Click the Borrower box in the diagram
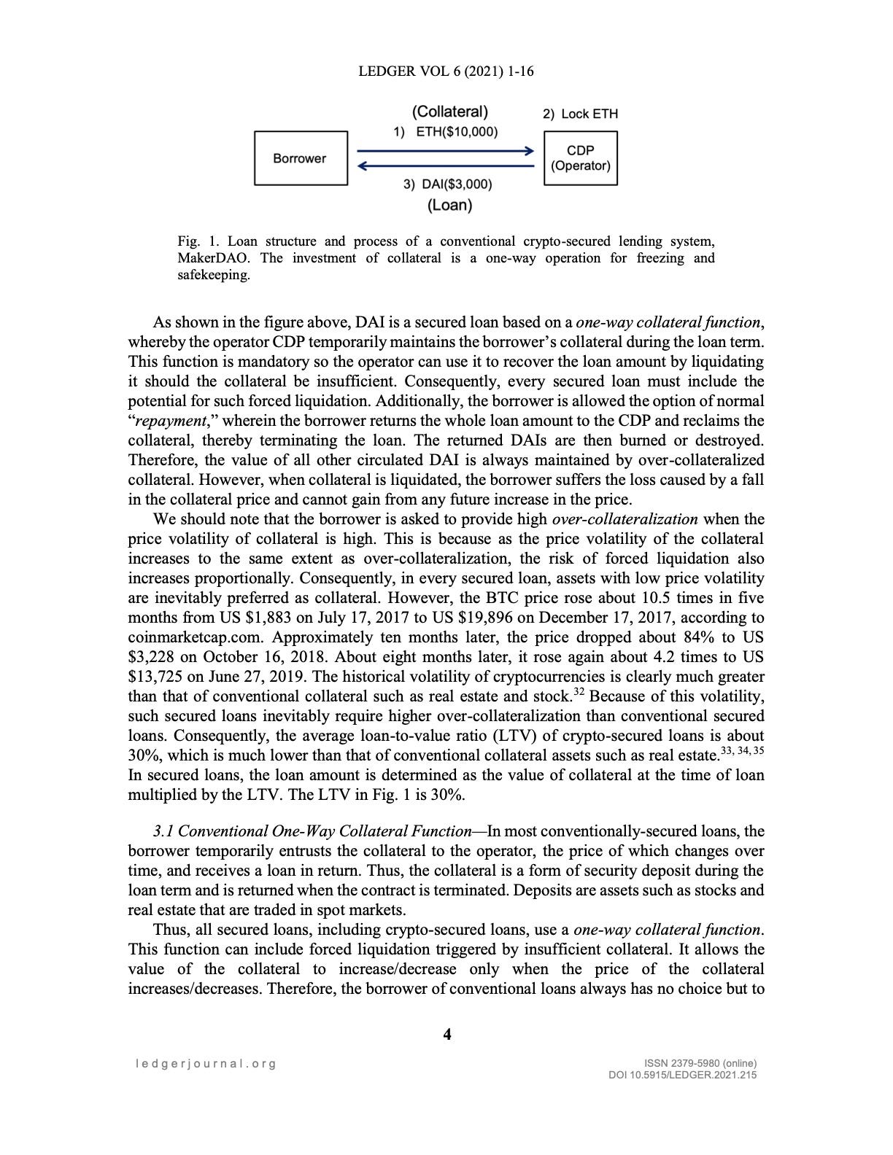click(x=301, y=158)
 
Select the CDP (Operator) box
click(x=580, y=158)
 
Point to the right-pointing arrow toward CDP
click(x=445, y=151)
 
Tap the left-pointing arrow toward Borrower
click(x=445, y=166)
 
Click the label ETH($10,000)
click(x=456, y=132)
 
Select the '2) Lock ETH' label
click(x=580, y=114)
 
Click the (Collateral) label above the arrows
click(x=449, y=112)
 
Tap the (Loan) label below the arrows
click(x=449, y=205)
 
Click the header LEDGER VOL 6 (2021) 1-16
click(x=446, y=71)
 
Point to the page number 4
click(x=447, y=1034)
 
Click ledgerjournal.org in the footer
click(x=206, y=1063)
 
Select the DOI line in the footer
click(x=682, y=1075)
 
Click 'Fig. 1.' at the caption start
click(x=198, y=241)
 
